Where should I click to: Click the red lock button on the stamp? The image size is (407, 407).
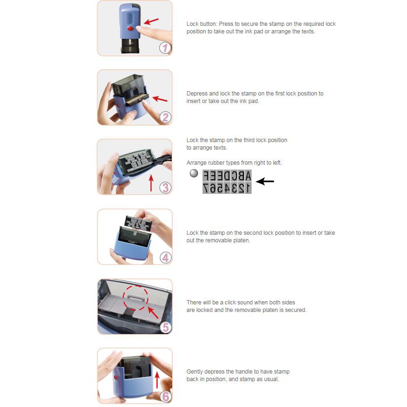[x=130, y=28]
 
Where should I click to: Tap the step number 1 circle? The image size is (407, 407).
[x=165, y=48]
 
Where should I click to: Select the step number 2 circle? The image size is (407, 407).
[x=165, y=117]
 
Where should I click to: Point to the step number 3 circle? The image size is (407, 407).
[x=165, y=187]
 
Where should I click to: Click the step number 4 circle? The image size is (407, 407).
[x=166, y=258]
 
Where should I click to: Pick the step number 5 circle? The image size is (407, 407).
[x=166, y=327]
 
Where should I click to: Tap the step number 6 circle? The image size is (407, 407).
[x=166, y=397]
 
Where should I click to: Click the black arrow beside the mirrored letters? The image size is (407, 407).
[x=265, y=181]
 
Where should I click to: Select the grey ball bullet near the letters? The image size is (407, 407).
[x=194, y=173]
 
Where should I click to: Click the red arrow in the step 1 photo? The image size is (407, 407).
[x=151, y=21]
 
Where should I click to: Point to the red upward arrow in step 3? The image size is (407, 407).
[x=151, y=183]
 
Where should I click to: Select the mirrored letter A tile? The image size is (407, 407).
[x=248, y=176]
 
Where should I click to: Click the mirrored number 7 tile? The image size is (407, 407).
[x=206, y=188]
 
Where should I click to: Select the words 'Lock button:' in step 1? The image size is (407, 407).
[x=202, y=24]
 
